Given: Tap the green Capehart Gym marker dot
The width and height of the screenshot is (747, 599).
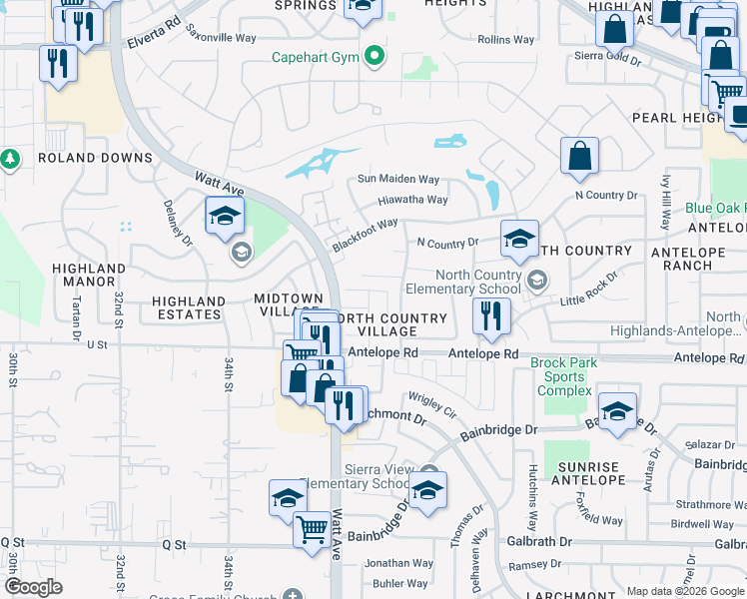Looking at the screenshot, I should tap(375, 56).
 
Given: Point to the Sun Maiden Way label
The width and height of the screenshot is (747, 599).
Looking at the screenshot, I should tap(399, 180).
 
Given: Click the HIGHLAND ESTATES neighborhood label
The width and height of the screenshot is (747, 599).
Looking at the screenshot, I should tap(189, 307).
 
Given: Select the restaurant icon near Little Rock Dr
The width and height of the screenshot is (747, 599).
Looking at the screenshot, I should tap(490, 318).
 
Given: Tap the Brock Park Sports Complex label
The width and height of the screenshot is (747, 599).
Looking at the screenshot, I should tap(564, 376).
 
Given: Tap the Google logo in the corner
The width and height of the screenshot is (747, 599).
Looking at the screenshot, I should tap(34, 587).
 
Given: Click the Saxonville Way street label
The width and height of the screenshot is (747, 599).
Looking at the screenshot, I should tap(223, 38).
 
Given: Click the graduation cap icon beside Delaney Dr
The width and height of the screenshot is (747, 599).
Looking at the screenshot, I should tap(226, 216).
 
